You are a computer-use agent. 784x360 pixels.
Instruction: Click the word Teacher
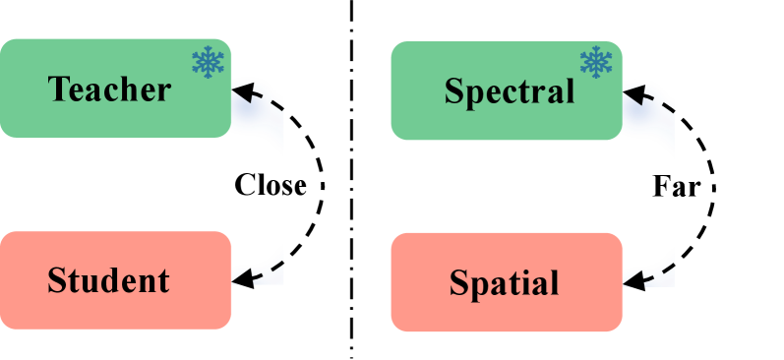pos(109,90)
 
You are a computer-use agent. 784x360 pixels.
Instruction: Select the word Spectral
pos(509,91)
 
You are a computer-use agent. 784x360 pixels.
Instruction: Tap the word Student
pos(108,280)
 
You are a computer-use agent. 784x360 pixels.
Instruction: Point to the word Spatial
pos(504,283)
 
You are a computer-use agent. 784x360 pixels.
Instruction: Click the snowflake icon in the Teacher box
pos(208,62)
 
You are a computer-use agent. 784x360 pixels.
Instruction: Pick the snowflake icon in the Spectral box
pos(596,62)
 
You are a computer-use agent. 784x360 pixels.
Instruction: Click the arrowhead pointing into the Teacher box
pos(242,93)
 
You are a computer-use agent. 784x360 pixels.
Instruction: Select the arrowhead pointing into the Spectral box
pos(633,95)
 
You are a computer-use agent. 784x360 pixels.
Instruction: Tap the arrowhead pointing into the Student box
pos(241,278)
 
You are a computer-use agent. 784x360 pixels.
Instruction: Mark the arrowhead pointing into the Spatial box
pos(632,280)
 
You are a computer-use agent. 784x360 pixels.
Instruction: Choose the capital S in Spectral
pos(453,91)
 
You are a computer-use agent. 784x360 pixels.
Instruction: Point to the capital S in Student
pos(57,280)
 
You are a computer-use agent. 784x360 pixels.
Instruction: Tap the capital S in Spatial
pos(458,283)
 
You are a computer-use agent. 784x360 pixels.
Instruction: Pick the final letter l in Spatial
pos(554,283)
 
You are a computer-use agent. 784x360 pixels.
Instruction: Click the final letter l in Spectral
pos(570,91)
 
